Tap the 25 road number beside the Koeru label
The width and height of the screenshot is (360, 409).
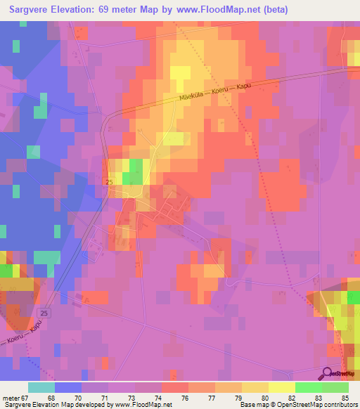(45, 312)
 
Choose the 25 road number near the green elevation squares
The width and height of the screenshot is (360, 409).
(109, 182)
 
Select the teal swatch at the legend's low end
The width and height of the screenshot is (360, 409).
(41, 387)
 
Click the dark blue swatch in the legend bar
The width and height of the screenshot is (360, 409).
(68, 387)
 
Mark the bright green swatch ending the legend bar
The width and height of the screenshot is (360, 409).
(335, 387)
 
